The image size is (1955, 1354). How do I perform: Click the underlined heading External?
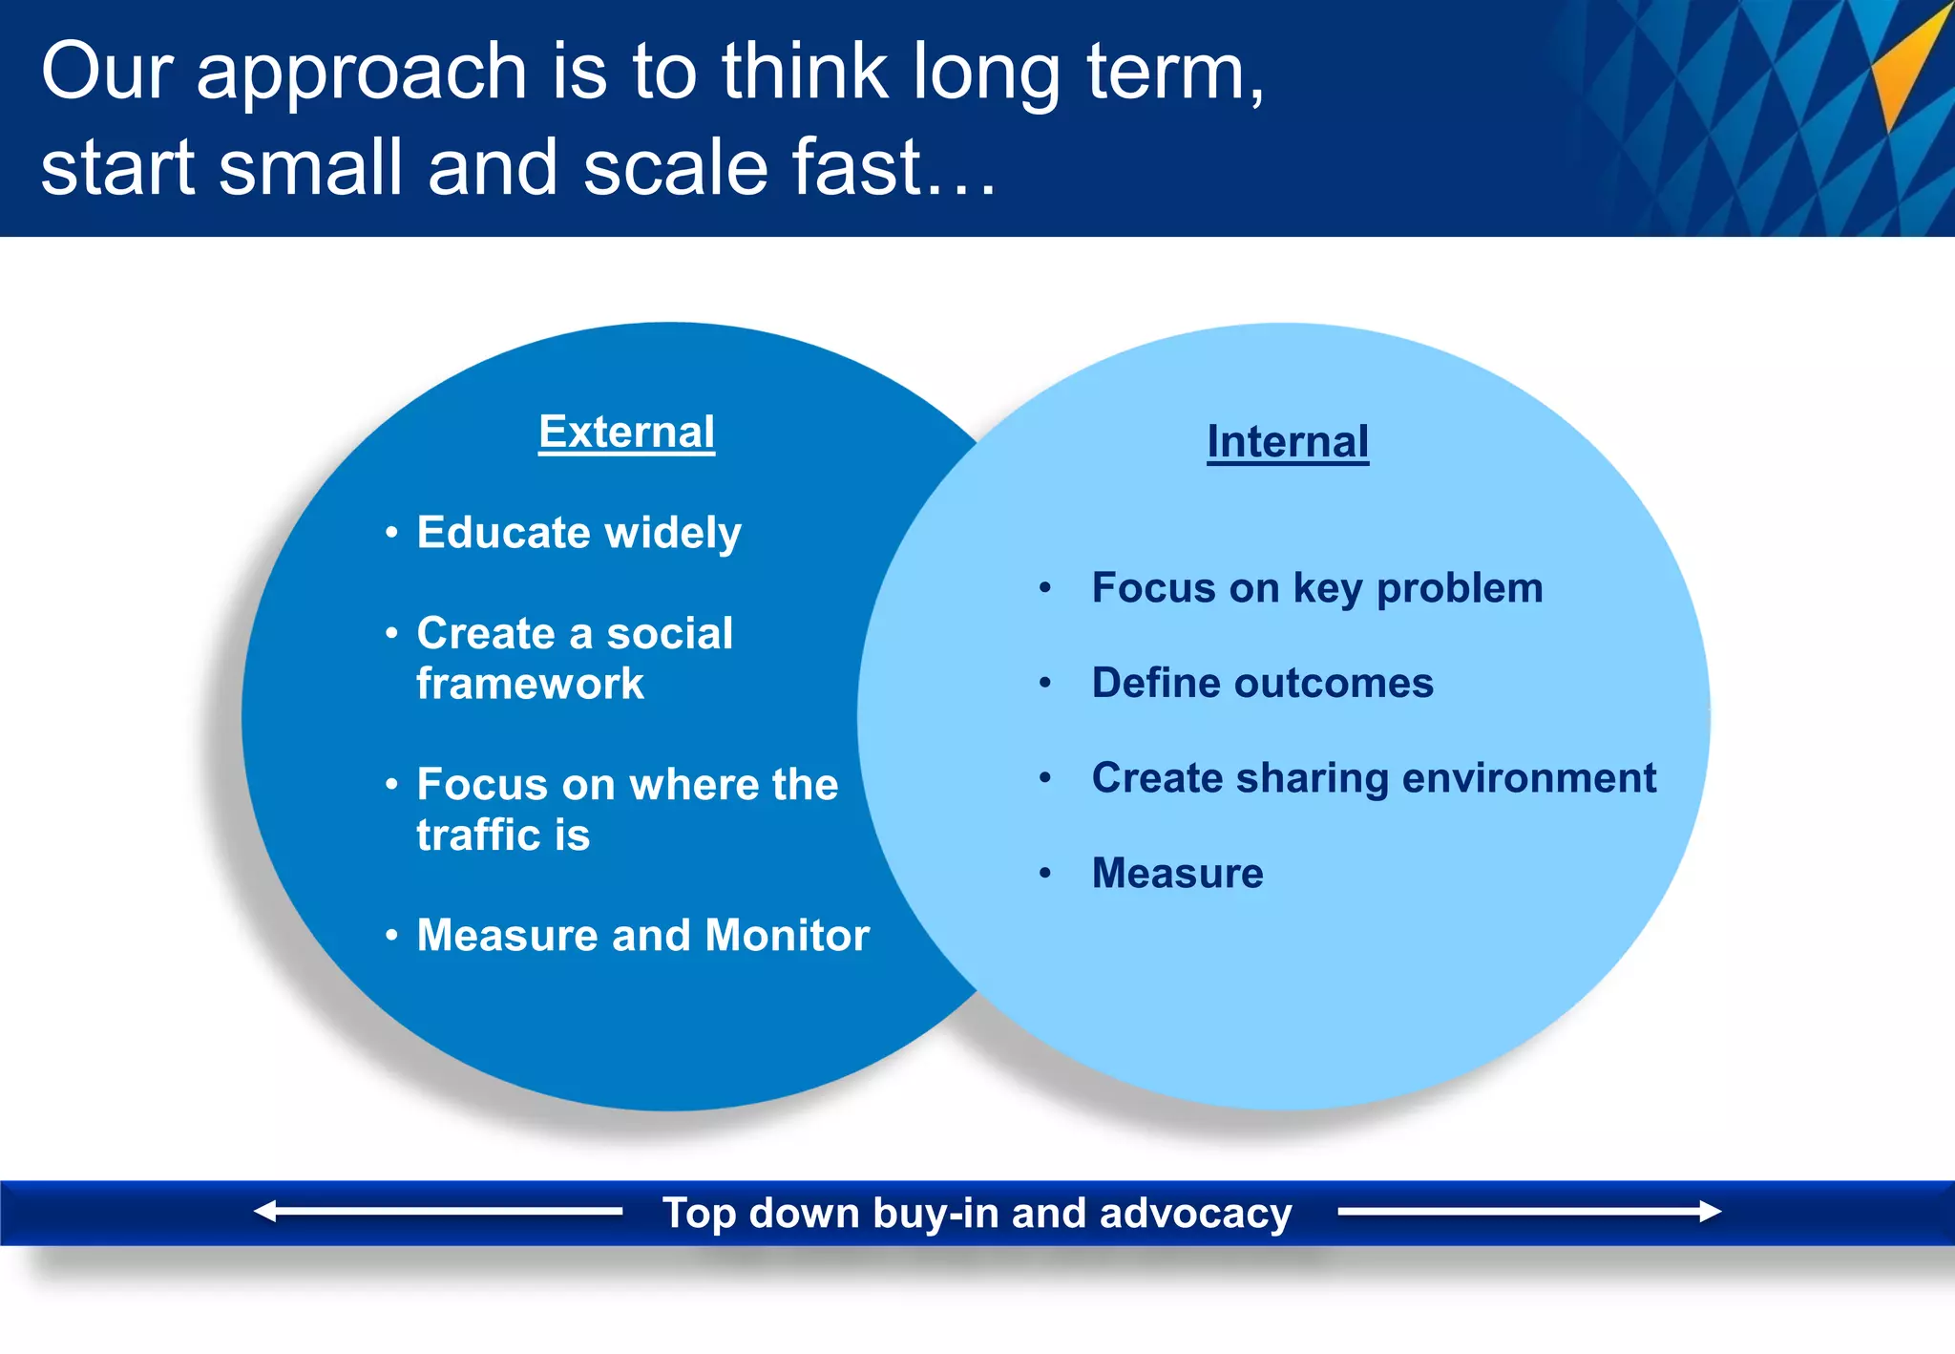(626, 433)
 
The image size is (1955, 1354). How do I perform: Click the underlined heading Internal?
(1288, 442)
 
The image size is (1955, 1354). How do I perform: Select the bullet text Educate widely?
(578, 533)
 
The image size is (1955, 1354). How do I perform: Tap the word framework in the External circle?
(530, 684)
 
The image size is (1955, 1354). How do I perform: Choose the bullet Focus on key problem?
(1316, 588)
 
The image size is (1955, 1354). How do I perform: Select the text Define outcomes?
(1262, 683)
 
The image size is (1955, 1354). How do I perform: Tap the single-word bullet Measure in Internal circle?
(1177, 873)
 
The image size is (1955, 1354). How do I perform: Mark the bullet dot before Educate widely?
(391, 533)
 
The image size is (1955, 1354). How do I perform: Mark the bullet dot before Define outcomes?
(1045, 683)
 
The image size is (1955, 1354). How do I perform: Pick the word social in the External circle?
(669, 634)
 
